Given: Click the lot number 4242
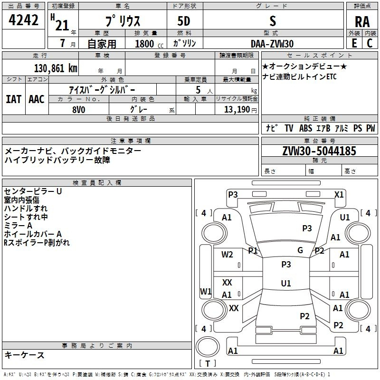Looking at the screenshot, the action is [23, 20].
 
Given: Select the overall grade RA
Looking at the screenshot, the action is [362, 22].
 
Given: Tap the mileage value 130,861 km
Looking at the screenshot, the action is [56, 68].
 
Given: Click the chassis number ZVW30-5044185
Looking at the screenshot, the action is [319, 151].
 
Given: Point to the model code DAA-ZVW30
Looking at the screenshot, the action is [272, 44].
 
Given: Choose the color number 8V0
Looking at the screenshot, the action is [79, 110].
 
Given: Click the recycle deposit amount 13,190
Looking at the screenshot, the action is [237, 110].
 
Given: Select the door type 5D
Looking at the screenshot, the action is [184, 21].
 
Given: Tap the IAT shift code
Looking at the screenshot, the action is [13, 99].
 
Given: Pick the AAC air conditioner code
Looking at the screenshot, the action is [37, 99].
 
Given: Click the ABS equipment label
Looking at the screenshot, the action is [305, 128].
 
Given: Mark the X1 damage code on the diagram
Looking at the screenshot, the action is [339, 195].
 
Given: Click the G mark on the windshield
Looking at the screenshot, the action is [300, 250].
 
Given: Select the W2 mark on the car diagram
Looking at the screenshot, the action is [227, 255].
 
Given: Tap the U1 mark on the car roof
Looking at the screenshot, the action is [286, 283].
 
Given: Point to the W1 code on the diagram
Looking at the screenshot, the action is [206, 291].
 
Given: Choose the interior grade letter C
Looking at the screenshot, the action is [370, 43].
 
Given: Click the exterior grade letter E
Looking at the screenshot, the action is [354, 43].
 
